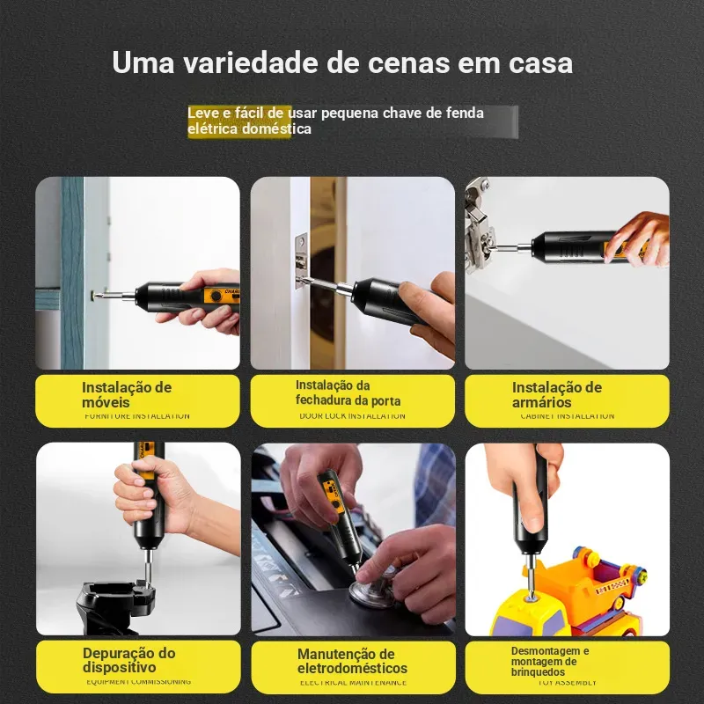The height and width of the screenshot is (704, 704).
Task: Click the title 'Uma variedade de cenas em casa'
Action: pyautogui.click(x=342, y=63)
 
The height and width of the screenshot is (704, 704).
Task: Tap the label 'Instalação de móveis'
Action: pyautogui.click(x=127, y=394)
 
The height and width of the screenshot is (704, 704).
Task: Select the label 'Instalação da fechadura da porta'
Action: pyautogui.click(x=348, y=392)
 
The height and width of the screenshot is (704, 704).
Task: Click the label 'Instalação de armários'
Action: pyautogui.click(x=557, y=394)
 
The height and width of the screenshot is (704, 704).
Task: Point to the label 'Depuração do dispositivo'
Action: pyautogui.click(x=128, y=660)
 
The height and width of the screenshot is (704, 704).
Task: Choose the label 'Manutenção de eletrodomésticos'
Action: pyautogui.click(x=352, y=661)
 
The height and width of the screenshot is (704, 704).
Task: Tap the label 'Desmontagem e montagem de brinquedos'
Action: pyautogui.click(x=550, y=661)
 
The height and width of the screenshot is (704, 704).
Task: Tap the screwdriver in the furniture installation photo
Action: pyautogui.click(x=176, y=295)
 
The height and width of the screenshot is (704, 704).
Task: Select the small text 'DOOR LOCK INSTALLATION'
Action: pyautogui.click(x=352, y=416)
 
